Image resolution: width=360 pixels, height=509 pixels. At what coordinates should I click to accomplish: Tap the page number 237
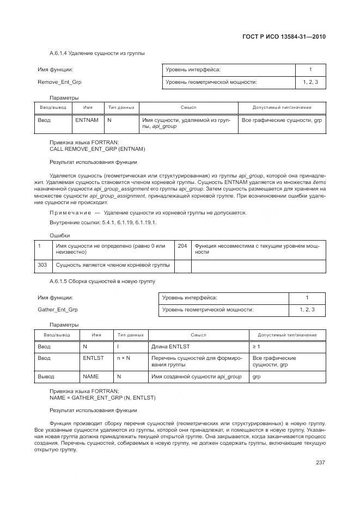pos(320,463)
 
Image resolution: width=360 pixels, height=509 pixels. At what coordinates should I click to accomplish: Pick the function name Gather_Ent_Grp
pos(58,309)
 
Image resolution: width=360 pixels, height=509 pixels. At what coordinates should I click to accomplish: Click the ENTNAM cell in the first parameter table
pos(87,120)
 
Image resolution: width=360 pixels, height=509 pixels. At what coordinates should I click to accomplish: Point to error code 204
pos(182,246)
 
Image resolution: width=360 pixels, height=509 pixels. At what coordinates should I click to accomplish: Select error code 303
pos(42,265)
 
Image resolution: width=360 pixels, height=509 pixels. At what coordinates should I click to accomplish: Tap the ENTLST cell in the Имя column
pos(93,358)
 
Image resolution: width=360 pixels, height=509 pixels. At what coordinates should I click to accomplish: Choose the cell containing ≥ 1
pos(256,346)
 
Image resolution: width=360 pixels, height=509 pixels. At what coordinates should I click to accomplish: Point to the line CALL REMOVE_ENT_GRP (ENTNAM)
pos(97,149)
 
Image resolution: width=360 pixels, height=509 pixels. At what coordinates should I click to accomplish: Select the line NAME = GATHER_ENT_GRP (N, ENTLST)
pos(102,397)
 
